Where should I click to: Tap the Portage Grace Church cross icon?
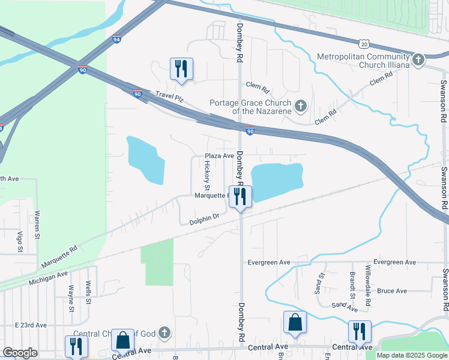coord(301,107)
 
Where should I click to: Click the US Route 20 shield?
coord(364,43)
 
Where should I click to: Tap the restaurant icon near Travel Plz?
coord(181,68)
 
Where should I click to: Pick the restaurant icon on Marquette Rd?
coord(240,196)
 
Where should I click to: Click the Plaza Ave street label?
coord(219,155)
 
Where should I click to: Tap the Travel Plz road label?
coord(168,95)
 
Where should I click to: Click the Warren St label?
coord(37,221)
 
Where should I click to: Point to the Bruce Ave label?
coord(392,291)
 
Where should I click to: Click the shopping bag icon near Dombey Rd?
coord(295,323)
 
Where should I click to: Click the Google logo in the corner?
coord(20,353)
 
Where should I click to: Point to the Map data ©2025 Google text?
coord(411,355)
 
